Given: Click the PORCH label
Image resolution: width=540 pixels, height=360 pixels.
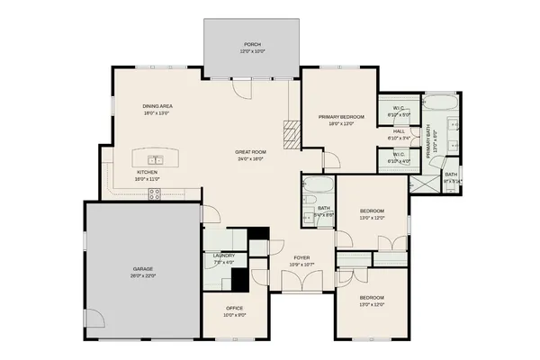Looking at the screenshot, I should click(x=253, y=44).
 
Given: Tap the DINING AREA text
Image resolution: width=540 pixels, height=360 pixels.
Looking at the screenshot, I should click(x=157, y=106).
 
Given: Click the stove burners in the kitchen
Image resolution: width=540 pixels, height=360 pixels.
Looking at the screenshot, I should click(x=154, y=192).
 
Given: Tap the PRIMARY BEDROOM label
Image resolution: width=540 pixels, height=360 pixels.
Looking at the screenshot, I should click(x=341, y=117).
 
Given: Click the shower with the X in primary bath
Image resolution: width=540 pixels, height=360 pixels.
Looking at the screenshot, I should click(x=422, y=183).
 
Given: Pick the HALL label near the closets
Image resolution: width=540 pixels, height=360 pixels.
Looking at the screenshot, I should click(x=398, y=132).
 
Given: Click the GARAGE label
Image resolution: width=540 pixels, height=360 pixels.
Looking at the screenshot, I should click(x=142, y=268).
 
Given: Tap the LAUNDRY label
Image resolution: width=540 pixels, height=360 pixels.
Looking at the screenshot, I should click(x=224, y=256).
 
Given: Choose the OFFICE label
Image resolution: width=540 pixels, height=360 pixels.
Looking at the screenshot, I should click(x=233, y=308).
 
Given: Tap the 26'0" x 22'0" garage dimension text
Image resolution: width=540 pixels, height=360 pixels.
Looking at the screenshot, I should click(x=142, y=275).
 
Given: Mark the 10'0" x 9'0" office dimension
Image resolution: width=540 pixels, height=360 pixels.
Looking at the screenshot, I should click(x=233, y=315).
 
